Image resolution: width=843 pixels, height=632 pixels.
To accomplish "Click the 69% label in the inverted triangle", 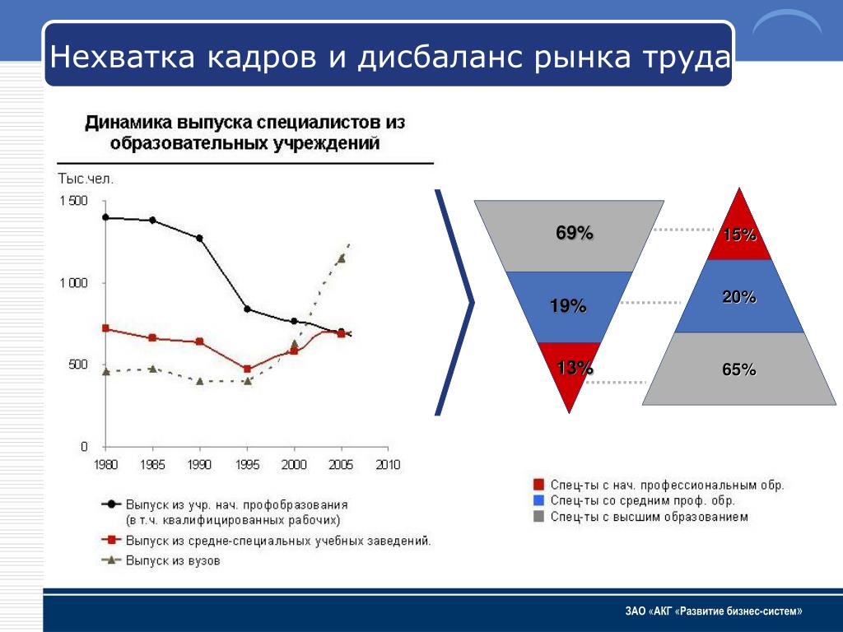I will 575,233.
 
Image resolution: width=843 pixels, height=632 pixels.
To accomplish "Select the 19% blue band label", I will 568,307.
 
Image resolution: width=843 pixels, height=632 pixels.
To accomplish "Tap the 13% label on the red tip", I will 575,368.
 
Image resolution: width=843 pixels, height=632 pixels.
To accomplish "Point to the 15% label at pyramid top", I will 739,235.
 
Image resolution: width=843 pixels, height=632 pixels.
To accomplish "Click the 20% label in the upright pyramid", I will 739,298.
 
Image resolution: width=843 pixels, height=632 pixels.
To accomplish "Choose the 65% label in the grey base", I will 739,370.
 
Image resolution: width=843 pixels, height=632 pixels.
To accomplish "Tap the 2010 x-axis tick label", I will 388,465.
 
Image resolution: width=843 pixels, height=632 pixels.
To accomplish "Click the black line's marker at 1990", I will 199,238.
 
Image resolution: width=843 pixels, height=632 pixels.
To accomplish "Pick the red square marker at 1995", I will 247,369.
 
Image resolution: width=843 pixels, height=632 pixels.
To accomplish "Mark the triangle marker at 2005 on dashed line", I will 341,258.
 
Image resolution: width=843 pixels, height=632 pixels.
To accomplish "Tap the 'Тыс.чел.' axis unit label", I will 85,178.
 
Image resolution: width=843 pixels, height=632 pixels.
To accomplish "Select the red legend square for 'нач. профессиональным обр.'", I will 539,485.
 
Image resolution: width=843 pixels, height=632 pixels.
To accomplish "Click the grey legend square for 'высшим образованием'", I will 539,517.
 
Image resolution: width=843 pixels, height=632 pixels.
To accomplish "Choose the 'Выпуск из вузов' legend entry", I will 173,561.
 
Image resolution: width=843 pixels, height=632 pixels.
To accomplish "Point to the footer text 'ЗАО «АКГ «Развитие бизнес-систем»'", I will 713,611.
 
